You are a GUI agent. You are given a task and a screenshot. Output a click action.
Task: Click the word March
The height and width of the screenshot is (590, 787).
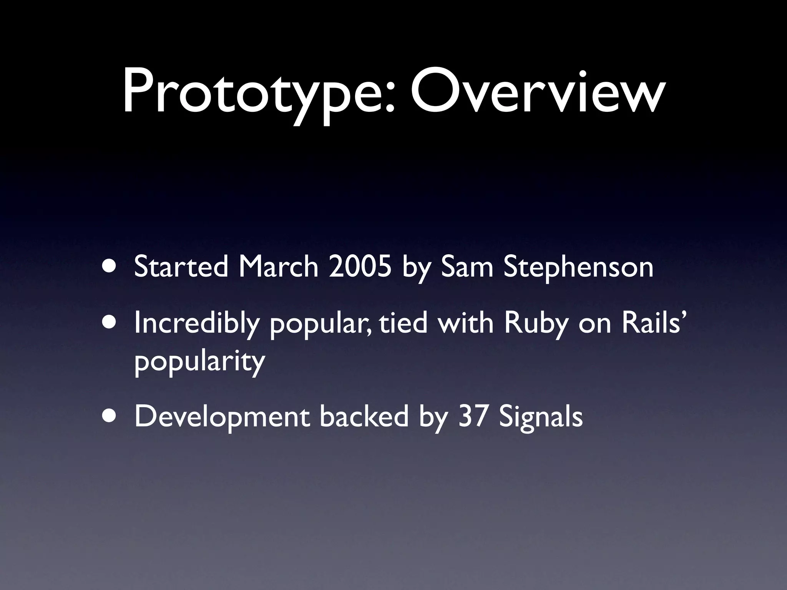click(x=278, y=267)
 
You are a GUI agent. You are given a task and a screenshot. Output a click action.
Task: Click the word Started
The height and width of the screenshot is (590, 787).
click(x=181, y=267)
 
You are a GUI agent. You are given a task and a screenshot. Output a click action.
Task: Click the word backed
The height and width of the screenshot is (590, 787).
click(x=364, y=417)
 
